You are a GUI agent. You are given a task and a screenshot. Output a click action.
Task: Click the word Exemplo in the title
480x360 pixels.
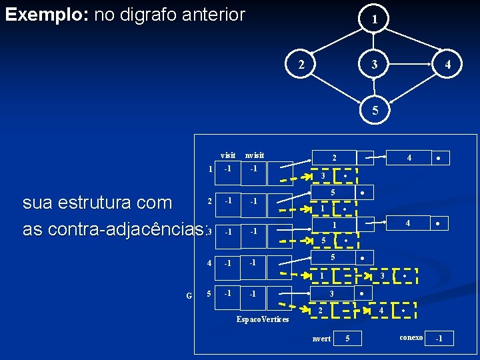pos(45,15)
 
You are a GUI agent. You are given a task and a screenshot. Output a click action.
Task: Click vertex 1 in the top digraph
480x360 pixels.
pos(375,20)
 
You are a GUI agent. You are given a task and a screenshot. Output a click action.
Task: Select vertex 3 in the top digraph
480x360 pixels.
pos(375,65)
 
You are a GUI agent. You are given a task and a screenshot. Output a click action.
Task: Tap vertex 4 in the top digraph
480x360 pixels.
pos(449,65)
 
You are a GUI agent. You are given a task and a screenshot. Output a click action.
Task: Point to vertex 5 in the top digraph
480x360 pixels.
pos(375,111)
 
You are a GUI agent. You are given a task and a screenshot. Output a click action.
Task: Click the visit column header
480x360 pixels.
pos(228,155)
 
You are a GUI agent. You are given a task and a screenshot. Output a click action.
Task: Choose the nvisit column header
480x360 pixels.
pos(254,155)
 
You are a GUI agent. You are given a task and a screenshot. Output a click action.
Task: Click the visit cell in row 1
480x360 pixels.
pos(228,168)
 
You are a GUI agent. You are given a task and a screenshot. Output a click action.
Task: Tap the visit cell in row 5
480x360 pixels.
pos(228,293)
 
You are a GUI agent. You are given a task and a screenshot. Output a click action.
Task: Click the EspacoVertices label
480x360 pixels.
pos(263,319)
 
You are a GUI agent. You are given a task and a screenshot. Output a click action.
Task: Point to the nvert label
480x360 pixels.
pos(321,339)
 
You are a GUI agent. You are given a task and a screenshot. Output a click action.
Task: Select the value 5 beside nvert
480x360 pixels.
pos(347,339)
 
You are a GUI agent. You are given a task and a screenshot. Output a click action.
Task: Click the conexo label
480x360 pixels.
pos(411,337)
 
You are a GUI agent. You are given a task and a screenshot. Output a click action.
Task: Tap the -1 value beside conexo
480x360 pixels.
pos(439,339)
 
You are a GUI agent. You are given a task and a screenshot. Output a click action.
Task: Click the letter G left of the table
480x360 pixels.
pos(189,295)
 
